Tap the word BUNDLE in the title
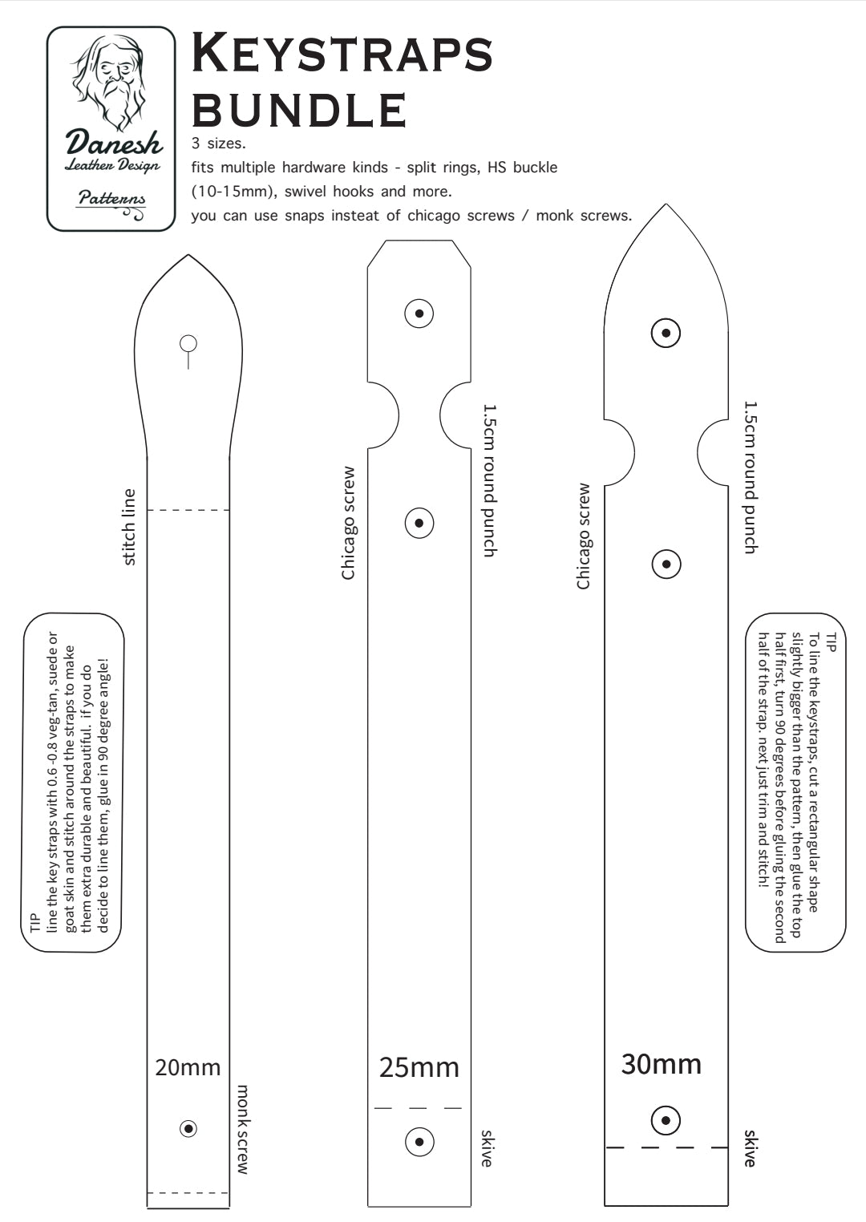pyautogui.click(x=300, y=110)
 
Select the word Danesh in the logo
pyautogui.click(x=113, y=143)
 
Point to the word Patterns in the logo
pyautogui.click(x=111, y=197)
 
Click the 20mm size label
pyautogui.click(x=188, y=1067)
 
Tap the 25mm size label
pyautogui.click(x=419, y=1067)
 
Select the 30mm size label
pyautogui.click(x=661, y=1064)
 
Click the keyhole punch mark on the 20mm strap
pyautogui.click(x=188, y=345)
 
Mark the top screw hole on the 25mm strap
pyautogui.click(x=419, y=313)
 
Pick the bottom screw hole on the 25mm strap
pyautogui.click(x=419, y=1141)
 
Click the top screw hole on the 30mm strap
pyautogui.click(x=666, y=333)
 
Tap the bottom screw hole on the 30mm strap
pyautogui.click(x=666, y=1120)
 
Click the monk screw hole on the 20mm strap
pyautogui.click(x=188, y=1128)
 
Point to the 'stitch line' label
pyautogui.click(x=128, y=527)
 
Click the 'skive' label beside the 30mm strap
pyautogui.click(x=750, y=1148)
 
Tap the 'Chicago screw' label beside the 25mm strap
pyautogui.click(x=348, y=523)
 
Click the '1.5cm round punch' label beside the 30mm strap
pyautogui.click(x=750, y=477)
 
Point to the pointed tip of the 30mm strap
pyautogui.click(x=666, y=206)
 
